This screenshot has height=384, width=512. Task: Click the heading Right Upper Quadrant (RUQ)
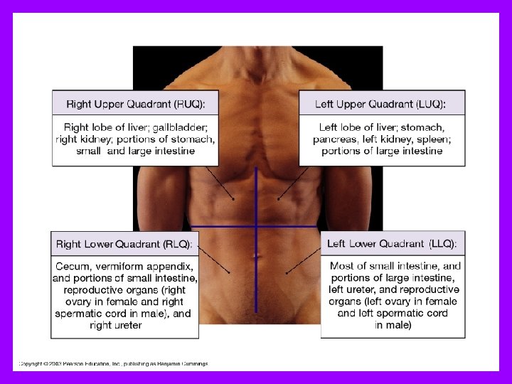(x=135, y=105)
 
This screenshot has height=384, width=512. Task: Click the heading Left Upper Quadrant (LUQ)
(x=380, y=105)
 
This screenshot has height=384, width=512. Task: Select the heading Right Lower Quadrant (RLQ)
(x=124, y=245)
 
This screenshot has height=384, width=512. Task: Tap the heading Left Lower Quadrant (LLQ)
(x=392, y=244)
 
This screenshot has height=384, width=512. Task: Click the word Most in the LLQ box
(x=343, y=267)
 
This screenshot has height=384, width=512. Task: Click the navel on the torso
(x=256, y=255)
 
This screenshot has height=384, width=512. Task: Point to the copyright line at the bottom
(x=114, y=363)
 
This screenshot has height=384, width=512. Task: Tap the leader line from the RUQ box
(x=220, y=184)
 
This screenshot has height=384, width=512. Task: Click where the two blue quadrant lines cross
(x=257, y=227)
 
